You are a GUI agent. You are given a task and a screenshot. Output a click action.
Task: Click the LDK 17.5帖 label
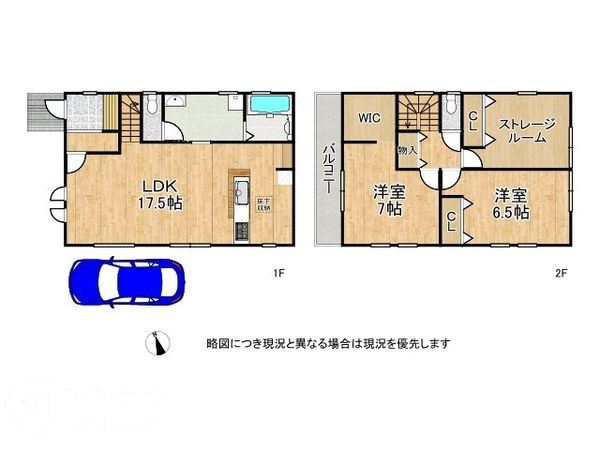coord(159,192)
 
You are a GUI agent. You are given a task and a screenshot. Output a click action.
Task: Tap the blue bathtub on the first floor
coord(267,105)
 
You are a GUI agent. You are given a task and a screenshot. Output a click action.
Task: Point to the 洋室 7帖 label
coord(389,199)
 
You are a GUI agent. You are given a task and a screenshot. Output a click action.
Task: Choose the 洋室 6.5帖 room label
coord(509,203)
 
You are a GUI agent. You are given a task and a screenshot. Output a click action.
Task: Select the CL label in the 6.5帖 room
coord(453,221)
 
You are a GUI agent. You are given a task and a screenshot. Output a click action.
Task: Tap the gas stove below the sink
coord(240,231)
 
